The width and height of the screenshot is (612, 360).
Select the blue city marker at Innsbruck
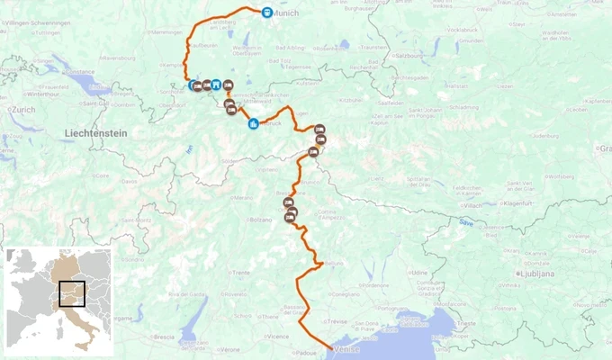coord(254,123)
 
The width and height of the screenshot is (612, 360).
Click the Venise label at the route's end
coord(346,349)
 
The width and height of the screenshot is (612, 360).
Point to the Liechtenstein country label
coord(96,132)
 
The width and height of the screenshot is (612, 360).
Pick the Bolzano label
coord(260,220)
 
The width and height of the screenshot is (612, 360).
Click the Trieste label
coord(466,322)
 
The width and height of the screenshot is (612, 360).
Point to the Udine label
coord(419,271)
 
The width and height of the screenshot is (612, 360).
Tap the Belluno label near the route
coord(334,264)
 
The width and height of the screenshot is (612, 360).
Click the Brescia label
coord(164,337)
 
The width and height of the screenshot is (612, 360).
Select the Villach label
coord(473,205)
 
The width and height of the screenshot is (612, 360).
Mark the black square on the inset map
coord(71,293)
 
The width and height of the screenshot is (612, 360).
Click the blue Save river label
coord(465,221)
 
